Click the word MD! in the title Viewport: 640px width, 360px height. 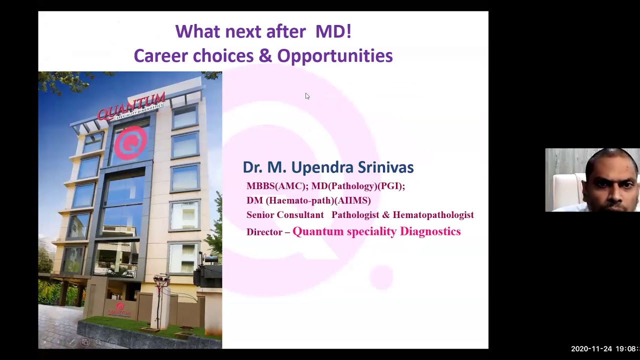[333, 31]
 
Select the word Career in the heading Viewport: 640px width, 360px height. [160, 56]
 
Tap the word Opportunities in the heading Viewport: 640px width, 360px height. [334, 56]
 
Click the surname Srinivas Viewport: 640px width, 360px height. [385, 167]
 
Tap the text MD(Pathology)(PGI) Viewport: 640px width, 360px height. [357, 186]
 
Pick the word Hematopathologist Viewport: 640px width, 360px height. [433, 215]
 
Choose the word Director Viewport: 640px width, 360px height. [264, 232]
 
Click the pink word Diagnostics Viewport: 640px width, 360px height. [430, 231]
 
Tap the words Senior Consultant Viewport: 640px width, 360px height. [285, 215]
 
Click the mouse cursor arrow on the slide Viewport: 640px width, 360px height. [307, 96]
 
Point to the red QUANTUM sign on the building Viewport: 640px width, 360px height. [131, 105]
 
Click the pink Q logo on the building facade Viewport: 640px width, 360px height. [130, 143]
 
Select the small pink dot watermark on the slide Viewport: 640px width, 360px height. [381, 277]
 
